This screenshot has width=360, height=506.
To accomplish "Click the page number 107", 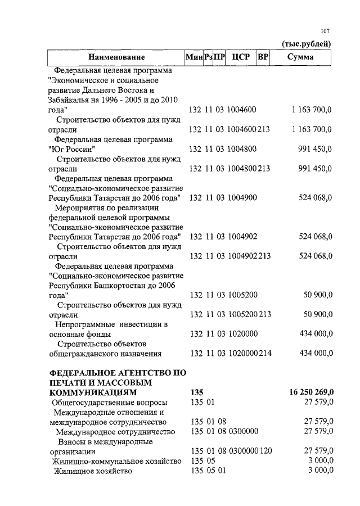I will point(325,31).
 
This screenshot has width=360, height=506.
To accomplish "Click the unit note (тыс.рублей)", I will point(305,44).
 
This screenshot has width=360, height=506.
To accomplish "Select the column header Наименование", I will point(116,57).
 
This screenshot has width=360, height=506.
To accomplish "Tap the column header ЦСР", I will point(240,57).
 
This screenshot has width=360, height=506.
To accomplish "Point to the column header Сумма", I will point(300,57).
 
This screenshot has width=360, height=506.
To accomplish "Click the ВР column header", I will point(262,57).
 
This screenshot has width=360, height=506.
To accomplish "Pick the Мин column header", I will point(194,57).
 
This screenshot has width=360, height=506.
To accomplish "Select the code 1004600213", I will point(249,129).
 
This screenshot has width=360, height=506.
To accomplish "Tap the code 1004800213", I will point(249,168).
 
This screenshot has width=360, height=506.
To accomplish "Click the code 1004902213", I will point(249,256).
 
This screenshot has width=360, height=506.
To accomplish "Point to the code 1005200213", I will point(249,314).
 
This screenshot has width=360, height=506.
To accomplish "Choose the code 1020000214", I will point(249,353).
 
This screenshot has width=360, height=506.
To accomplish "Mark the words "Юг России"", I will point(71,149).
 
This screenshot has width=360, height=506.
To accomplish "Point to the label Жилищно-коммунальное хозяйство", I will point(116,461).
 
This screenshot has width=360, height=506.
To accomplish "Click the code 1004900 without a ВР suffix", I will point(242,197).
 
